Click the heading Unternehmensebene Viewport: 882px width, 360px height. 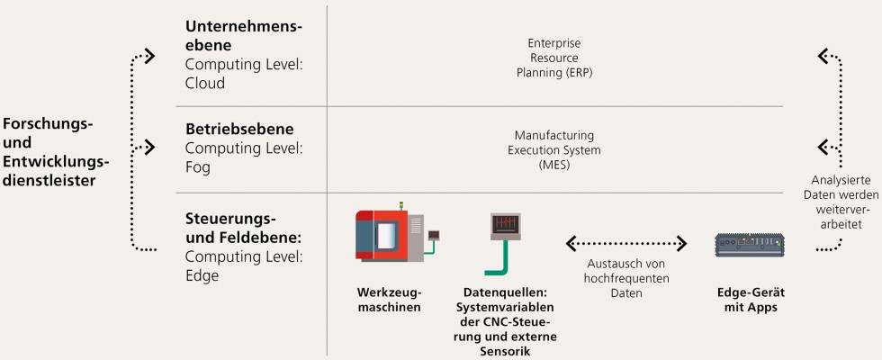click(x=243, y=35)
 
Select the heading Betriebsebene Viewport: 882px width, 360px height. click(x=239, y=130)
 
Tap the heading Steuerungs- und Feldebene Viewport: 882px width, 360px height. click(x=243, y=229)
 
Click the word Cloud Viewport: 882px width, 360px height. click(x=205, y=83)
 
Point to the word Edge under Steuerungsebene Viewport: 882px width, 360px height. click(x=202, y=275)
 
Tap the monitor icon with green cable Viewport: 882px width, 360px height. click(x=504, y=238)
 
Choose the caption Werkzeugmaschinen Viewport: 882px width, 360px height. click(x=387, y=300)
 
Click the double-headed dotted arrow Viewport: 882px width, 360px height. click(x=626, y=243)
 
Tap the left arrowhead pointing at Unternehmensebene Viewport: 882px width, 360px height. click(x=148, y=56)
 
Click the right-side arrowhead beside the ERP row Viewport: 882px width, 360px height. click(x=823, y=56)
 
